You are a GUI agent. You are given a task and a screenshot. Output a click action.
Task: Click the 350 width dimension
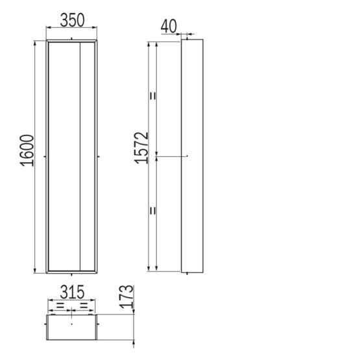72,20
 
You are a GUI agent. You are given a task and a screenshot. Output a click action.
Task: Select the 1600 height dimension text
27,150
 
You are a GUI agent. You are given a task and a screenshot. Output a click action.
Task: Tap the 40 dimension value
169,26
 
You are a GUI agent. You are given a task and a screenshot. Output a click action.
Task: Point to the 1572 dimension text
141,148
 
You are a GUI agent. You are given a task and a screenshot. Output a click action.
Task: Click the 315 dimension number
72,293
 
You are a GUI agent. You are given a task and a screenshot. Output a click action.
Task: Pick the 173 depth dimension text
126,297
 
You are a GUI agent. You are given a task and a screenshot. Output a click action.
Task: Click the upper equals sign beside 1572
152,96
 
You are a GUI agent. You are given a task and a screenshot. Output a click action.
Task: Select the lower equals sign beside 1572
152,211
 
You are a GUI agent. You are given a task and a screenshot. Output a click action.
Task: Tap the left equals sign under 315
60,305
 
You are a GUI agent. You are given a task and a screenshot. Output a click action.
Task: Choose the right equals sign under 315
84,305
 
